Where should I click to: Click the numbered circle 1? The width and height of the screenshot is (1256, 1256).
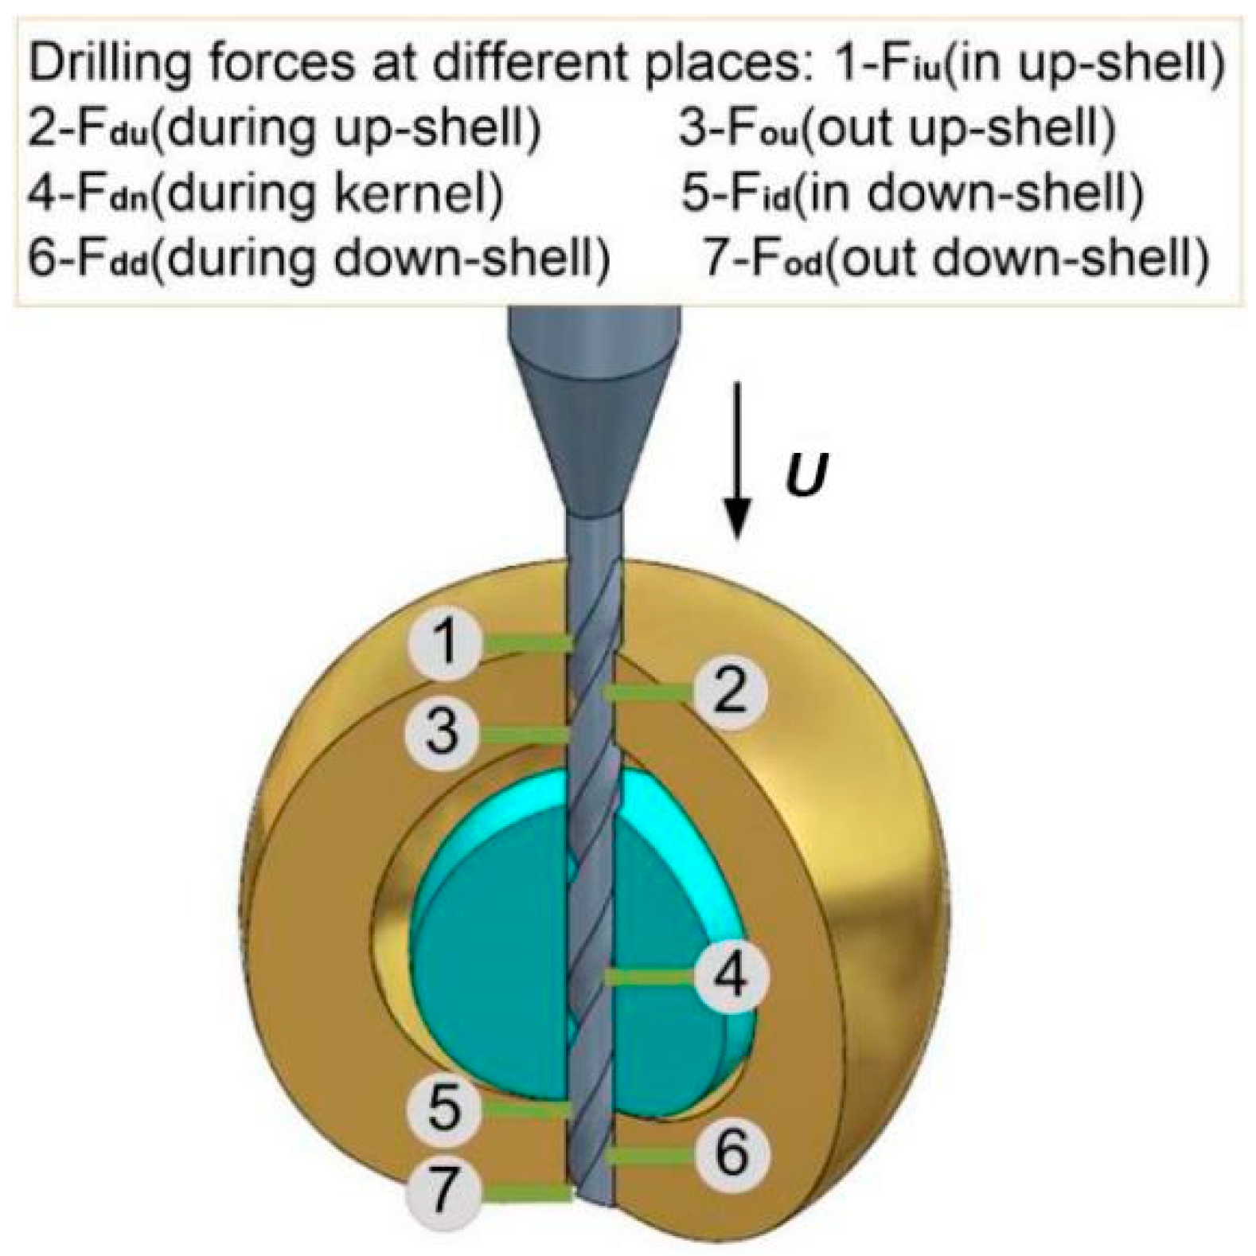coord(445,642)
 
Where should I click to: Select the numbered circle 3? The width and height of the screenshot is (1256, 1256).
coord(443,731)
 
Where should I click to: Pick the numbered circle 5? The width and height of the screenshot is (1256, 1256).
coord(444,1107)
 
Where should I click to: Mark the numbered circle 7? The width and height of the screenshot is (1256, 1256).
coord(444,1191)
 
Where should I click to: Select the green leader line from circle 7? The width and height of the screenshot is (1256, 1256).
coord(529,1192)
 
